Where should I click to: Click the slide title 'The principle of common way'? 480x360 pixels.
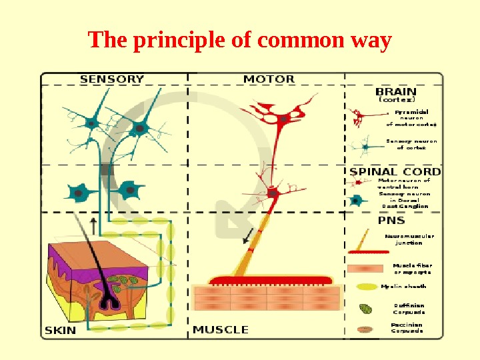[x=239, y=41]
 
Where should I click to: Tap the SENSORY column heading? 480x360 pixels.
[x=112, y=79]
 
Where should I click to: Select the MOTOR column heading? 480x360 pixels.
[x=269, y=79]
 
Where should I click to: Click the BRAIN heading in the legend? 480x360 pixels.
[x=396, y=91]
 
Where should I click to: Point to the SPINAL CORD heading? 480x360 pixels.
[x=395, y=171]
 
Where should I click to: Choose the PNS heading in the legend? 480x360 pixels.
[x=391, y=221]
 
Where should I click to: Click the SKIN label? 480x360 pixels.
[x=61, y=329]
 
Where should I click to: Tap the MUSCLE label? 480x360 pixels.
[x=221, y=329]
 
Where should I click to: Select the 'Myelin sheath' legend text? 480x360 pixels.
[x=403, y=286]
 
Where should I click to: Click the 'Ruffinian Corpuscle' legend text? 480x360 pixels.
[x=409, y=309]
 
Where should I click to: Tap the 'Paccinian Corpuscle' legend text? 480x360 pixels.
[x=407, y=328]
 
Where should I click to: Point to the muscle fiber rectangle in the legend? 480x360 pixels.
[x=365, y=269]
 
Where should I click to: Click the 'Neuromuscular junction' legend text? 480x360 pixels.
[x=409, y=239]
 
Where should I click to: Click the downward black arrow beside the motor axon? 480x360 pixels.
[x=247, y=235]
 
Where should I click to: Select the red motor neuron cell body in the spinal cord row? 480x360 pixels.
[x=273, y=193]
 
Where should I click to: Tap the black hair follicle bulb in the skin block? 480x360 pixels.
[x=108, y=303]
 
